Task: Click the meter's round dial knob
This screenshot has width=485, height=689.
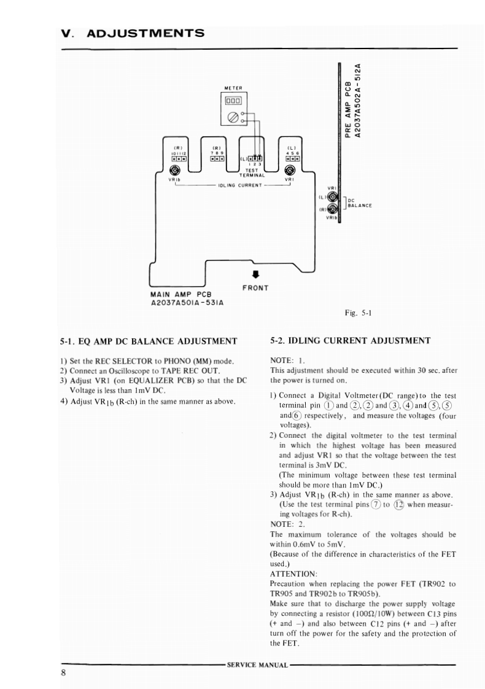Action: pyautogui.click(x=233, y=117)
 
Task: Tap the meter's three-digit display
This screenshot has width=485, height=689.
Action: pyautogui.click(x=235, y=101)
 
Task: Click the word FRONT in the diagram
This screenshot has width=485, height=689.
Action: pyautogui.click(x=255, y=287)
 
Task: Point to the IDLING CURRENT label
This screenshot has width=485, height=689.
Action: pyautogui.click(x=241, y=184)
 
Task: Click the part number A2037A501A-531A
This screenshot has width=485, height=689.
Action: pyautogui.click(x=186, y=303)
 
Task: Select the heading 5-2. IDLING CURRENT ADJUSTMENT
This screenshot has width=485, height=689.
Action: pyautogui.click(x=351, y=340)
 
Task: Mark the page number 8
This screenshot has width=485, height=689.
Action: pyautogui.click(x=63, y=672)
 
